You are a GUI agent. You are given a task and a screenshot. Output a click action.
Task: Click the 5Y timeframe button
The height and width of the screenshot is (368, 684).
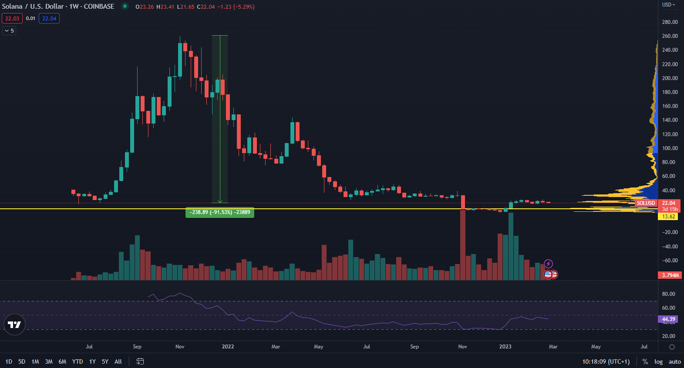click(105, 361)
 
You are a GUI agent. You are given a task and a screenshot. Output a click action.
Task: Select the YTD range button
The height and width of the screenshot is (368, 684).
click(77, 361)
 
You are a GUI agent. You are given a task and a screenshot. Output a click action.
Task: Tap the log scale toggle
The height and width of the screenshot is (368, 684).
click(658, 361)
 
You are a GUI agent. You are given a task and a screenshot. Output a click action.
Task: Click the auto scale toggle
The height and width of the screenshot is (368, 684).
click(674, 361)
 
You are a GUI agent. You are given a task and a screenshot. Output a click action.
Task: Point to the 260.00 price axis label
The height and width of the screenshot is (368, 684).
click(670, 36)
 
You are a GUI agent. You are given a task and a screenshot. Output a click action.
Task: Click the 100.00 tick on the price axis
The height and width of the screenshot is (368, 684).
click(670, 148)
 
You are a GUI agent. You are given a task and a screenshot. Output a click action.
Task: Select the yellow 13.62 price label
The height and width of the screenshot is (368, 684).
click(668, 217)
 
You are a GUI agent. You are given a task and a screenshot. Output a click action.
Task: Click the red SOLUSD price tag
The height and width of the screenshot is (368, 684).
click(645, 203)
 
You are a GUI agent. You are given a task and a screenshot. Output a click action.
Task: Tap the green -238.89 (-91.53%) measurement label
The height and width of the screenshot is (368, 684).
click(220, 212)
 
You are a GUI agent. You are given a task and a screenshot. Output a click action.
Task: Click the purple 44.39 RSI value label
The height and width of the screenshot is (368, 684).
click(668, 319)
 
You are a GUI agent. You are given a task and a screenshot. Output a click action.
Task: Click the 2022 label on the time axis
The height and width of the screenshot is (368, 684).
click(228, 347)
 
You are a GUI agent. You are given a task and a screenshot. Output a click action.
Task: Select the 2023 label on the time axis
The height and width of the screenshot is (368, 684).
click(505, 347)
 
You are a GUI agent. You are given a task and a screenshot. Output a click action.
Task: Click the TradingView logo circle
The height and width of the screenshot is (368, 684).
click(14, 325)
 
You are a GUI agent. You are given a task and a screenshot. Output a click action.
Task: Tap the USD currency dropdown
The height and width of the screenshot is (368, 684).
click(668, 5)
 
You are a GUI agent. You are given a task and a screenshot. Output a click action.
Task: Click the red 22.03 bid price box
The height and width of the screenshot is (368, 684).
click(12, 18)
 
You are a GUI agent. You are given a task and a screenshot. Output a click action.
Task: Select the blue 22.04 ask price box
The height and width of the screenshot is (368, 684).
click(49, 18)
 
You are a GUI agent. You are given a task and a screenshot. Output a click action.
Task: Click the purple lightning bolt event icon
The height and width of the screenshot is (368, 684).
click(549, 264)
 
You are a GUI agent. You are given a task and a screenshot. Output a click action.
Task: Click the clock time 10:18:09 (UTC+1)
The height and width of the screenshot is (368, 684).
click(606, 361)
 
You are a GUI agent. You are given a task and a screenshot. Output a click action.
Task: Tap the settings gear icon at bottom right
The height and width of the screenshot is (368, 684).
click(672, 347)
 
